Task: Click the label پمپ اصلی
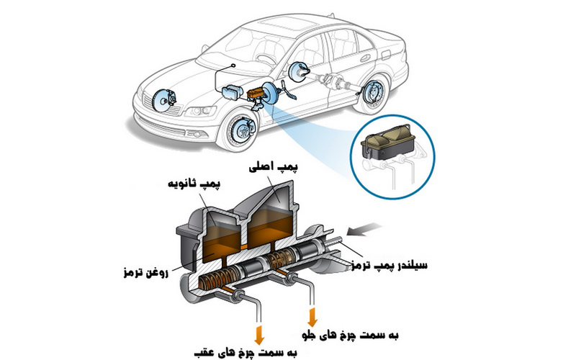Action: pos(274,167)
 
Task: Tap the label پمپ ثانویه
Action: pos(194,184)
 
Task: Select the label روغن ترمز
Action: pos(146,273)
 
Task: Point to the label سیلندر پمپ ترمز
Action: pos(390,265)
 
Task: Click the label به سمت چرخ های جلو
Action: pos(350,335)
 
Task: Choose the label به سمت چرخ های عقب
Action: pos(246,352)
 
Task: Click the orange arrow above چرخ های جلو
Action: pos(312,318)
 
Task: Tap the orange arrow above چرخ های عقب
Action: pos(259,333)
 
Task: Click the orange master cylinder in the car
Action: pos(256,93)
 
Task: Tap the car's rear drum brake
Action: pos(373,91)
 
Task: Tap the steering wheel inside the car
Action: pos(265,59)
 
